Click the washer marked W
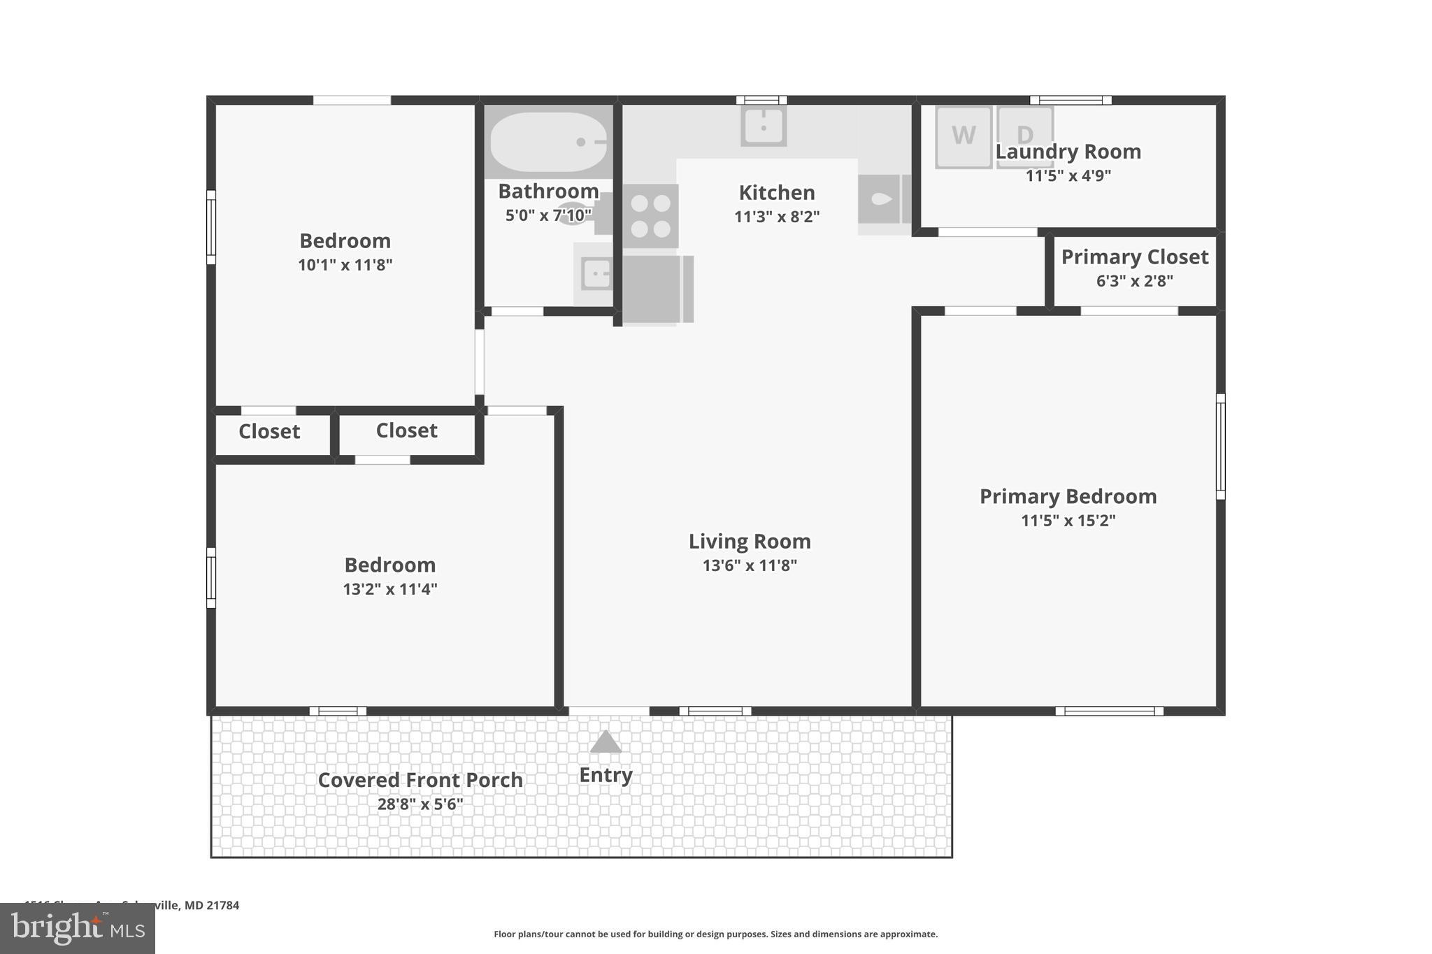(963, 137)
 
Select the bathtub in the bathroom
(548, 142)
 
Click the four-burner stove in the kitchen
(650, 216)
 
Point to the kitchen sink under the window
(764, 127)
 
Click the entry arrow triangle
(606, 742)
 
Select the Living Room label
(750, 541)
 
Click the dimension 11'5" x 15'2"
(1068, 521)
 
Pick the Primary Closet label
(1134, 257)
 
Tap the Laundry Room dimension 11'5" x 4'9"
(1068, 175)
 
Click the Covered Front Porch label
(420, 780)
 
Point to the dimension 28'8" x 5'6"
(420, 804)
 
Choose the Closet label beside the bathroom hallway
(406, 431)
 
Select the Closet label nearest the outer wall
(269, 432)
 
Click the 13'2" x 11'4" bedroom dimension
(389, 589)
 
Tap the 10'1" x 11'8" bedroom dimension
(345, 265)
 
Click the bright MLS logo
(78, 929)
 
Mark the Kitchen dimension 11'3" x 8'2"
(776, 217)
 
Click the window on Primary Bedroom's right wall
(1220, 447)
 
